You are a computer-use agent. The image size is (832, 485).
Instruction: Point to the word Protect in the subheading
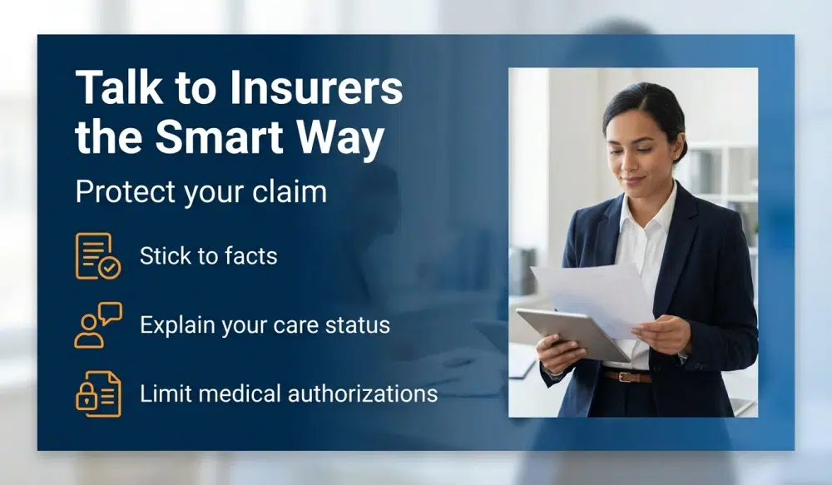click(121, 192)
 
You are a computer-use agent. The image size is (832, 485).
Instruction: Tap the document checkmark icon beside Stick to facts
click(97, 255)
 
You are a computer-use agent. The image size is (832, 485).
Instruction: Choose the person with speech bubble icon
click(97, 324)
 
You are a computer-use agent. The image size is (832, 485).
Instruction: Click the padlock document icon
click(97, 393)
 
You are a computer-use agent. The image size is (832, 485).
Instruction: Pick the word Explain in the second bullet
click(176, 324)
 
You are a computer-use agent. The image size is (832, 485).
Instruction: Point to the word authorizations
click(363, 393)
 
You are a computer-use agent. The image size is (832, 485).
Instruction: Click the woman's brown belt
click(627, 376)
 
